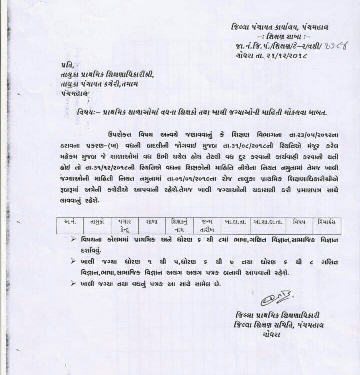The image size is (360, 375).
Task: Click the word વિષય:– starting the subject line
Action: point(89,112)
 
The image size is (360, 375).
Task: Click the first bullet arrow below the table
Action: point(73,239)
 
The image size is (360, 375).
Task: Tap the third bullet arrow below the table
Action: point(73,283)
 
